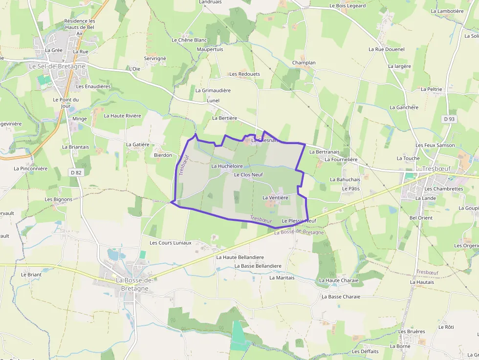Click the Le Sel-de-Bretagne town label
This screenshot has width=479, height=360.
57,66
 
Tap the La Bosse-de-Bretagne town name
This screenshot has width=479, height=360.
134,284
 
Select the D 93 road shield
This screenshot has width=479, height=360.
449,119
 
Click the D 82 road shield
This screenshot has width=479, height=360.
76,172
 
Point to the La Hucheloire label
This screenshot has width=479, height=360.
227,166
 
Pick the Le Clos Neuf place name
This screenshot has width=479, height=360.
248,174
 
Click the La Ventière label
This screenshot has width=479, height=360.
275,197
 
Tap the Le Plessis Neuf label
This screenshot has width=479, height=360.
299,221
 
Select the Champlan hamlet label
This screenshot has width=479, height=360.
304,63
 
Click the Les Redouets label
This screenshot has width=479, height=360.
245,74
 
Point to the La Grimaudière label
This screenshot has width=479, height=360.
213,90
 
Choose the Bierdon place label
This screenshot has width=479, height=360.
163,155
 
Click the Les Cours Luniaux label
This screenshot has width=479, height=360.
171,243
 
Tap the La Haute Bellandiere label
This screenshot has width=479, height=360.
240,257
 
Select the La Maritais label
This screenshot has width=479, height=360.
282,277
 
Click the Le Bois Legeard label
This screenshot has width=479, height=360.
348,6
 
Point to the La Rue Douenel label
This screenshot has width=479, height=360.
387,49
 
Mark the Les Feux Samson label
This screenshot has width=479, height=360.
435,145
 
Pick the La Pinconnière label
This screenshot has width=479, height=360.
31,169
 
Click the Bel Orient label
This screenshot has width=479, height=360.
421,217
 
